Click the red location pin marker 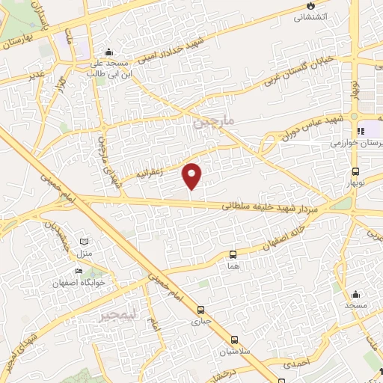pos(192,175)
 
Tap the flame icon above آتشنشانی pos(308,6)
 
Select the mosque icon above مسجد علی pos(110,52)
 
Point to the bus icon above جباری pos(200,310)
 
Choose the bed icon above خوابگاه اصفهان pos(79,272)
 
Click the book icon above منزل pos(84,240)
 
